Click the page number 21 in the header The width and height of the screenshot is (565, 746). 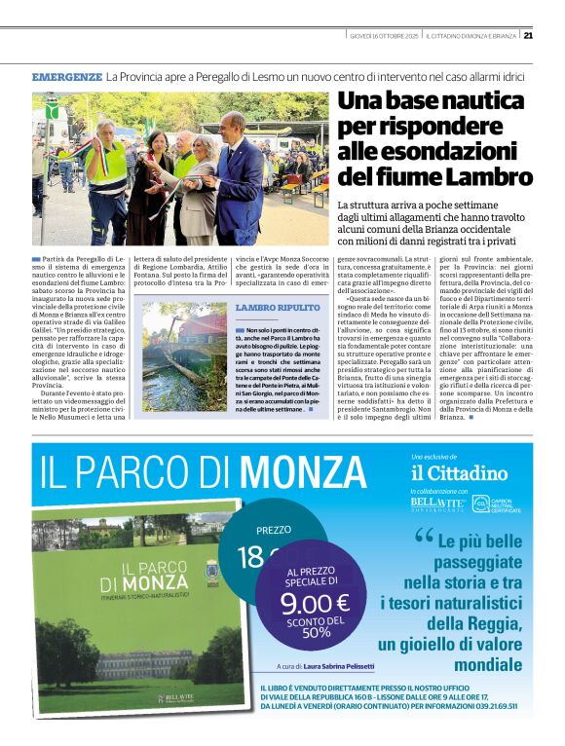pyautogui.click(x=528, y=36)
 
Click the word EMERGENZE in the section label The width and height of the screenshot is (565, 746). pyautogui.click(x=66, y=76)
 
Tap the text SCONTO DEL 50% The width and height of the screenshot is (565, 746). pyautogui.click(x=315, y=632)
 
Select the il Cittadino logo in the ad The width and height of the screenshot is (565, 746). pyautogui.click(x=459, y=472)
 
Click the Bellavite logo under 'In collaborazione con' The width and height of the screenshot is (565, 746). pyautogui.click(x=435, y=504)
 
